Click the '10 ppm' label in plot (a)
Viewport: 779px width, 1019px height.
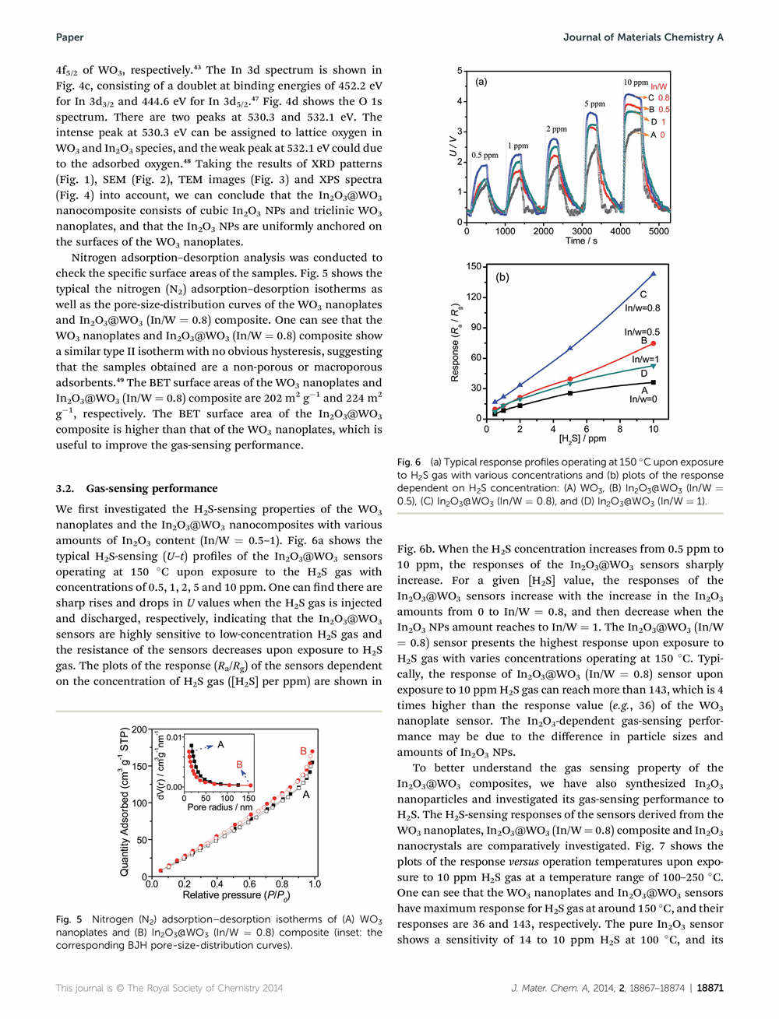click(x=635, y=83)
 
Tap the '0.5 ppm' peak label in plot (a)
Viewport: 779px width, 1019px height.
click(x=484, y=156)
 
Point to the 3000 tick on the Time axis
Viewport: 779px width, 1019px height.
click(x=582, y=231)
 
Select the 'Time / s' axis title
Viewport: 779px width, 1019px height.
click(x=582, y=241)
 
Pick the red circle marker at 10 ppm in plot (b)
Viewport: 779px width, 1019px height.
click(x=654, y=343)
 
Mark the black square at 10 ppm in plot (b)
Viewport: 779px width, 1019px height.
click(x=654, y=382)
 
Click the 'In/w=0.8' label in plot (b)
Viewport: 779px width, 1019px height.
click(x=643, y=307)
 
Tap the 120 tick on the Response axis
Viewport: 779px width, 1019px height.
click(x=473, y=297)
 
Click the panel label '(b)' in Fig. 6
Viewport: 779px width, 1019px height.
click(x=502, y=277)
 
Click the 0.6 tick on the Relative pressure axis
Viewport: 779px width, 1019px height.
click(x=249, y=885)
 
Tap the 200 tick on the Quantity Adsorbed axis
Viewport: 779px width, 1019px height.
click(x=139, y=729)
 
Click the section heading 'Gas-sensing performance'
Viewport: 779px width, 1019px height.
click(x=152, y=489)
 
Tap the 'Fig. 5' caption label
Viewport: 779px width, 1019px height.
click(x=69, y=919)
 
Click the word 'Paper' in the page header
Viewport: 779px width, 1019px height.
click(x=69, y=37)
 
